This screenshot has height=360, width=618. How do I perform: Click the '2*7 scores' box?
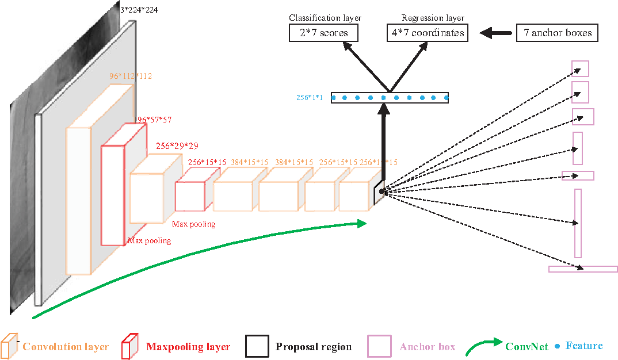click(x=323, y=33)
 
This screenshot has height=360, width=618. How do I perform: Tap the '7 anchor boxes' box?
click(x=557, y=33)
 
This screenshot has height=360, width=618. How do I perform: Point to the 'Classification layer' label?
click(x=325, y=18)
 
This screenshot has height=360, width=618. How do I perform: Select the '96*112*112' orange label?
click(x=130, y=76)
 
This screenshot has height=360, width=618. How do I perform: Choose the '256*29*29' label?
click(x=177, y=146)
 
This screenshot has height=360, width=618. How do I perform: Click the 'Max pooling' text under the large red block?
click(x=149, y=240)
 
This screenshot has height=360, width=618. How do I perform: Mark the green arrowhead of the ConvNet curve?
click(x=361, y=223)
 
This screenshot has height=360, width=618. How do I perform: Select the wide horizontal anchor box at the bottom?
click(x=582, y=269)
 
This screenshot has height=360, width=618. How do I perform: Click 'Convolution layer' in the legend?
click(x=66, y=347)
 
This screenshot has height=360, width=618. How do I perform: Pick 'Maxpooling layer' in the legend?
click(x=188, y=347)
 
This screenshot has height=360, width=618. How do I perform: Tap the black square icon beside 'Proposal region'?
click(x=257, y=346)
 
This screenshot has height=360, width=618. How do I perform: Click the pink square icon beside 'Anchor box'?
click(x=380, y=346)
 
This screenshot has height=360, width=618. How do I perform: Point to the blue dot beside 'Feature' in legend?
click(x=558, y=346)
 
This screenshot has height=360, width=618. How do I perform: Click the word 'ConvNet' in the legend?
click(x=527, y=347)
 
